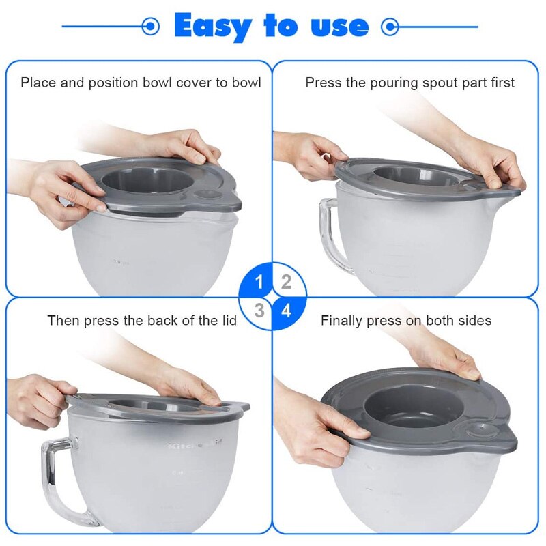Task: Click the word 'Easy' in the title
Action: coord(212,26)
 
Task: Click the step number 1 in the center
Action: coord(259,282)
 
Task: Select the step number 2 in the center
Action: coord(286,282)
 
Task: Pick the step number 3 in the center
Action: coord(259,311)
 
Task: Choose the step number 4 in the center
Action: coord(286,311)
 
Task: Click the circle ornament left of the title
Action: coord(150,27)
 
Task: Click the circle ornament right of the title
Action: coord(390,27)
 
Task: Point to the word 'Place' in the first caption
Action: coord(38,83)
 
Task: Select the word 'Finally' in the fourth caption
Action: coord(342,320)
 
